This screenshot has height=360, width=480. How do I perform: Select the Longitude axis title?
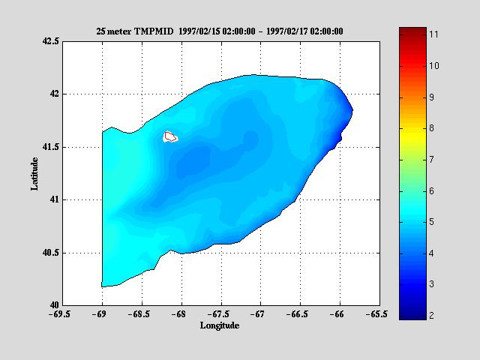220,325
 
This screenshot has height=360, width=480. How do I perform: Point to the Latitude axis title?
35,173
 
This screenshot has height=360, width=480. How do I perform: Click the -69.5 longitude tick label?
62,315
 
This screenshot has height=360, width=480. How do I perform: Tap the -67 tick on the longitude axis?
259,315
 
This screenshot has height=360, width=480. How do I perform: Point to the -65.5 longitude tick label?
378,315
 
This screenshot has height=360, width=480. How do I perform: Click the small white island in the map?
170,136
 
